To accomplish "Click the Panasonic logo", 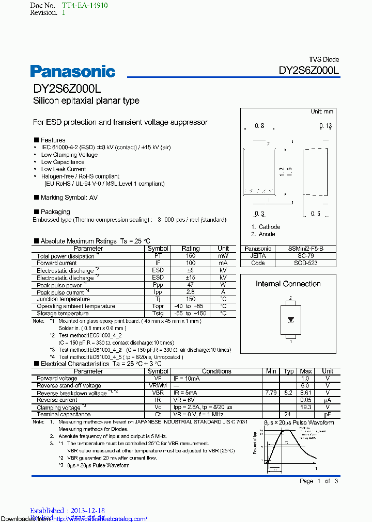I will [x=72, y=71].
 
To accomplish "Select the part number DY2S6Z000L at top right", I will [x=309, y=71].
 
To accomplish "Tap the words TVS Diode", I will [x=324, y=60].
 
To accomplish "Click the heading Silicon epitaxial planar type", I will [x=86, y=101].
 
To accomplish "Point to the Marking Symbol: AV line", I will [x=66, y=198].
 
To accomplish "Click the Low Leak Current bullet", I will [x=64, y=169].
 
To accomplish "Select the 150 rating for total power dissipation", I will [x=191, y=256].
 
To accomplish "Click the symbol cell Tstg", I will [x=158, y=314].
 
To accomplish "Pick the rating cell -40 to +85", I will [x=191, y=306].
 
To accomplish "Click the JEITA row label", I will [x=258, y=256].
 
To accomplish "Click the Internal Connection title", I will [x=288, y=284].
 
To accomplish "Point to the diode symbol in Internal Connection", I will [x=290, y=319].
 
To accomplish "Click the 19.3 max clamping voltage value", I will [x=306, y=407].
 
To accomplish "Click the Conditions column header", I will [x=216, y=371].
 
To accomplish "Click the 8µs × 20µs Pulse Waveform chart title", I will [x=299, y=422].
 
